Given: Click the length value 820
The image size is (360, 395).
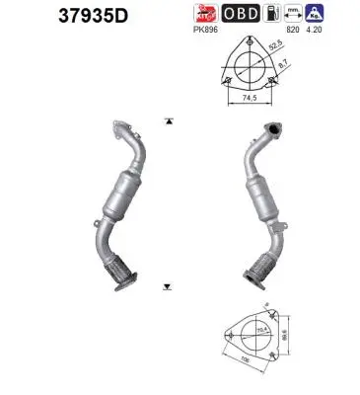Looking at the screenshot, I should (x=292, y=31).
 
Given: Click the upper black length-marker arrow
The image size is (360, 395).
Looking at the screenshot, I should (x=170, y=120).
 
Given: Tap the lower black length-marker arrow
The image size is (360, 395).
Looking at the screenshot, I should (x=170, y=282).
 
